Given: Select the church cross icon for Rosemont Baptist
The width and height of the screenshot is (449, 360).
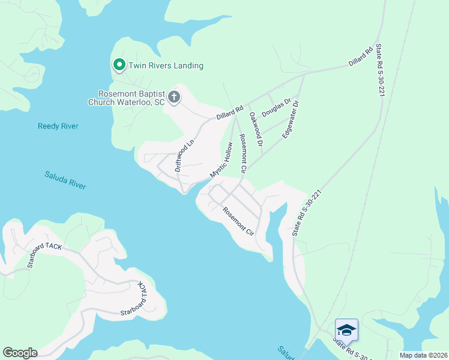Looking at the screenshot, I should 174,97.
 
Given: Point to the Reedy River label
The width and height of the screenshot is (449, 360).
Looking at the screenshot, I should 58,126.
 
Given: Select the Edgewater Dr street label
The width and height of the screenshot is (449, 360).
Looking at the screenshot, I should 291,119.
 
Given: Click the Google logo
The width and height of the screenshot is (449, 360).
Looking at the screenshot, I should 20,353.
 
